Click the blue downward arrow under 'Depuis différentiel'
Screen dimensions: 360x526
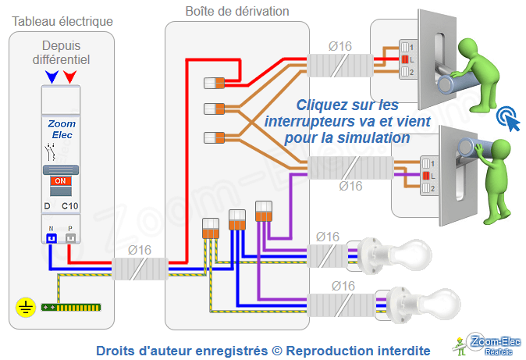point(52,76)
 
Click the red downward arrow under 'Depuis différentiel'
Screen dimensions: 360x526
point(70,76)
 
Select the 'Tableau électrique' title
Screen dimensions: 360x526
point(62,20)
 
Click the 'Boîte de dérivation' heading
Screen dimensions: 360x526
point(237,12)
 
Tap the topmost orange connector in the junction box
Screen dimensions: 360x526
point(215,82)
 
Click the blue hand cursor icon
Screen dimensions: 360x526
point(508,118)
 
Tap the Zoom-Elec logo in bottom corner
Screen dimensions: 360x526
point(485,343)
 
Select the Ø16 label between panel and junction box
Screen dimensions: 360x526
point(140,250)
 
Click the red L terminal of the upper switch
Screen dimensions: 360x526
point(404,59)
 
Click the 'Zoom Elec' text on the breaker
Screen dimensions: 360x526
point(61,129)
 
